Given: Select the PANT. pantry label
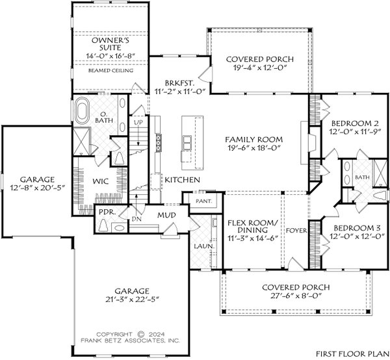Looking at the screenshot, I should [196, 201].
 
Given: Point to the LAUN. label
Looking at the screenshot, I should [200, 246].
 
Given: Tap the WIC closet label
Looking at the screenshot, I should [99, 181].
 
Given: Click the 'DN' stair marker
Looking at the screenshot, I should [137, 219].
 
